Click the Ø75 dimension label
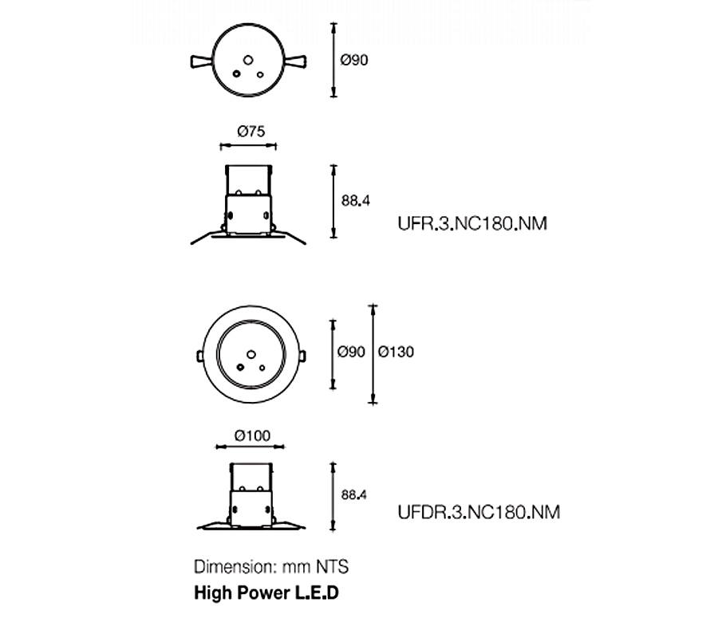point(250,132)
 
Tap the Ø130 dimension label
point(396,351)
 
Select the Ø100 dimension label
point(253,435)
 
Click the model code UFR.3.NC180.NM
point(471,224)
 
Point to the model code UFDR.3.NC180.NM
point(478,511)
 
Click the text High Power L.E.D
point(266,594)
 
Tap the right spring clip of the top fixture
point(299,61)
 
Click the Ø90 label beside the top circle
point(353,60)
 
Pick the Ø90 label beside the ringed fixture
point(351,351)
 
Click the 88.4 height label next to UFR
point(356,201)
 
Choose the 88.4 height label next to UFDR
point(353,495)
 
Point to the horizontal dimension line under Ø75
point(248,146)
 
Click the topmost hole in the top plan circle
point(248,59)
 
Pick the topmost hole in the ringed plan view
point(250,352)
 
